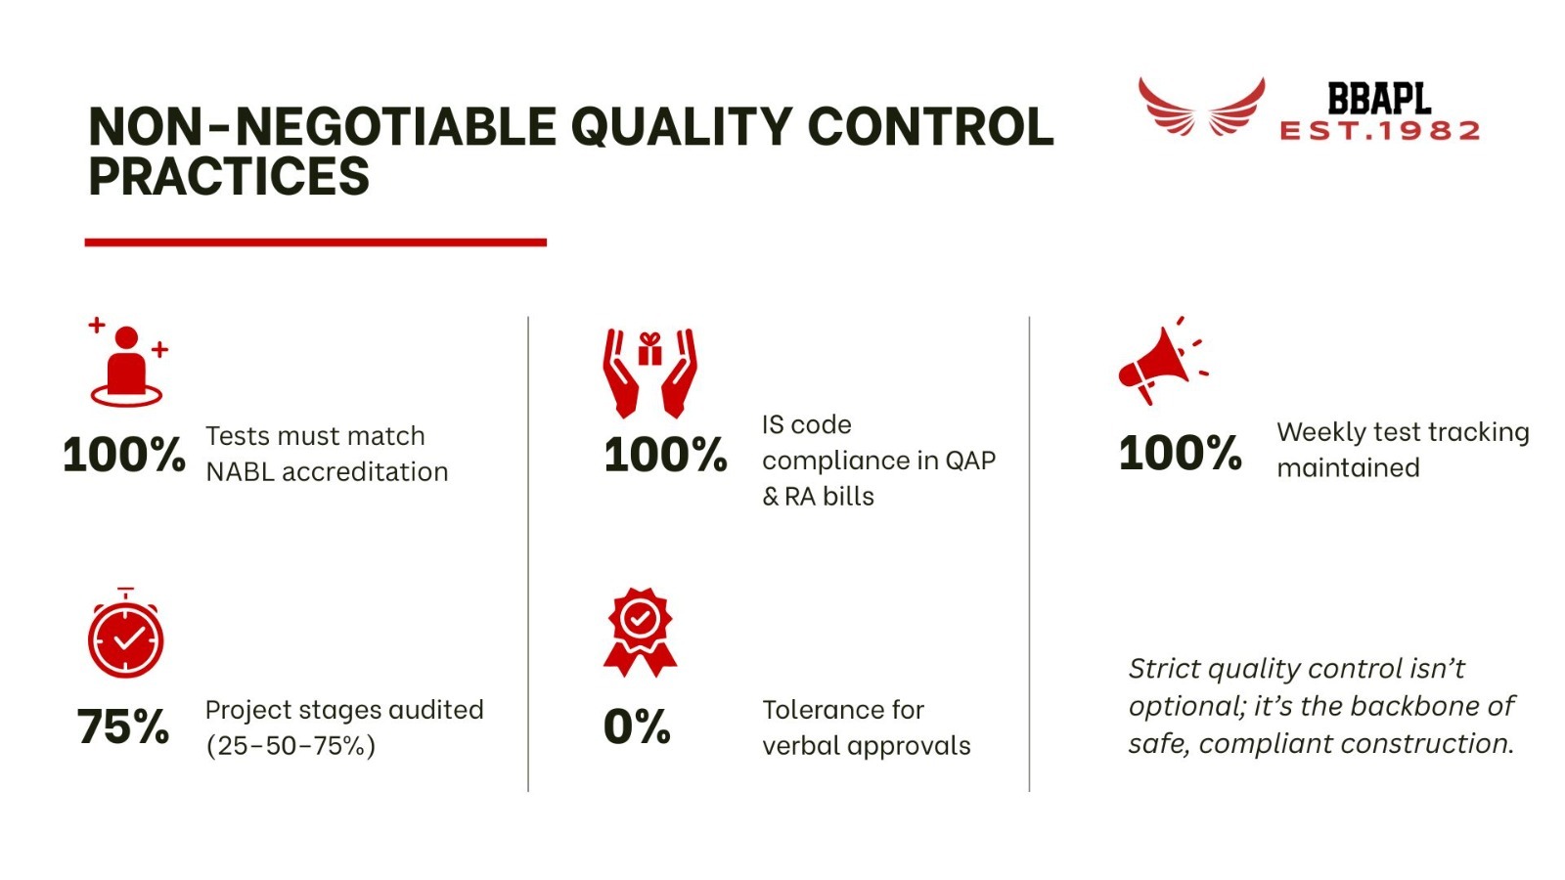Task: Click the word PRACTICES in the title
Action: click(x=229, y=176)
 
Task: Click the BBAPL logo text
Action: click(x=1378, y=99)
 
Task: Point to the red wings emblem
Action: click(x=1201, y=108)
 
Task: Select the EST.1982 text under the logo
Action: click(x=1379, y=131)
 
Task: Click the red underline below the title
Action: click(x=315, y=242)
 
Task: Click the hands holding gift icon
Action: click(x=649, y=373)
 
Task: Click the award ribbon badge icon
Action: click(x=640, y=632)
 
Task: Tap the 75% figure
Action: click(x=123, y=727)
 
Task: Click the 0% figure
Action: click(x=637, y=727)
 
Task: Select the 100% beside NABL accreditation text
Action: click(x=123, y=456)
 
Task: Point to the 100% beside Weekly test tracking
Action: click(x=1180, y=454)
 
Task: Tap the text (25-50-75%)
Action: click(x=291, y=746)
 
